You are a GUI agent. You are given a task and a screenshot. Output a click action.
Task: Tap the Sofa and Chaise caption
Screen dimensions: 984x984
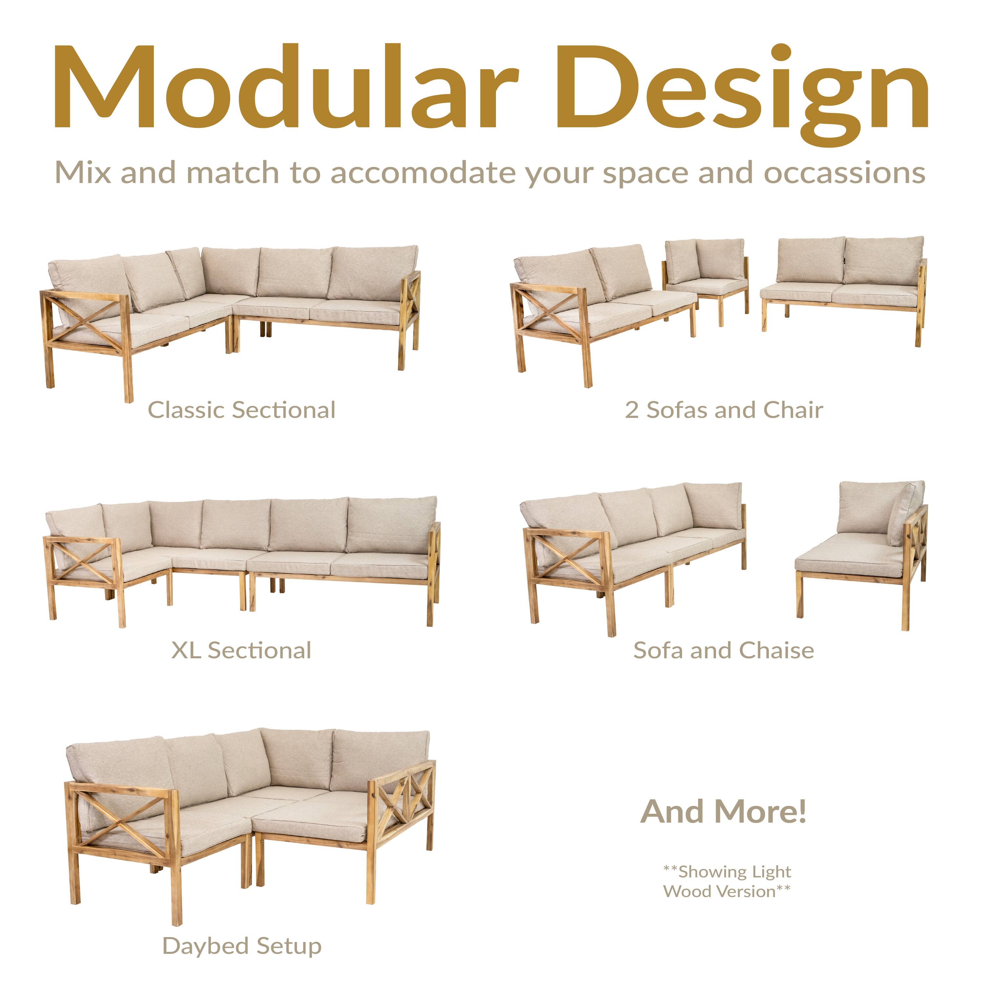point(723,650)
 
